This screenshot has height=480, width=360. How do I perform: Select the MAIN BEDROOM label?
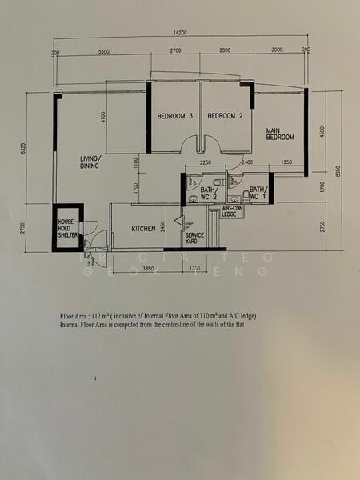(x=281, y=134)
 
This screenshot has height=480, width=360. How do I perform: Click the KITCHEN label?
(x=143, y=230)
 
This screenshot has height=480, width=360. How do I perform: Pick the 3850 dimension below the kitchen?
(x=148, y=269)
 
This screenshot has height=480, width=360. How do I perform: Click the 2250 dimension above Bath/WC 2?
(x=204, y=162)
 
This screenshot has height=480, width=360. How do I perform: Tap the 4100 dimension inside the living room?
(x=103, y=118)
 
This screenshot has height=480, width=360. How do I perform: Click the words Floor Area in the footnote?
(x=77, y=316)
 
